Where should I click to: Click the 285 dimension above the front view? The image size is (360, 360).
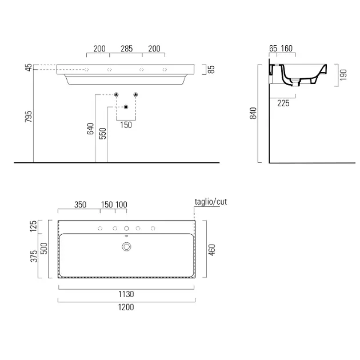tap(127, 49)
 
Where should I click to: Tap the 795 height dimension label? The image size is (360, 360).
tap(29, 117)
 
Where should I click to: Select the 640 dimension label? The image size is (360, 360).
tap(90, 129)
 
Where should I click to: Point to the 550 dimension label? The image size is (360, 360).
tap(103, 133)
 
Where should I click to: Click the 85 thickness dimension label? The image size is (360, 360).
tap(211, 69)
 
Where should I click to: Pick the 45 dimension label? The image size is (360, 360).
tap(29, 67)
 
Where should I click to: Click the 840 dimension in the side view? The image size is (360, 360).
tap(253, 113)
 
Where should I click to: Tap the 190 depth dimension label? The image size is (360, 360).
tap(343, 75)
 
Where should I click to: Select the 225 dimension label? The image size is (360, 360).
tap(283, 103)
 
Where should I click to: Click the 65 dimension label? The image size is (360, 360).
tap(273, 49)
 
